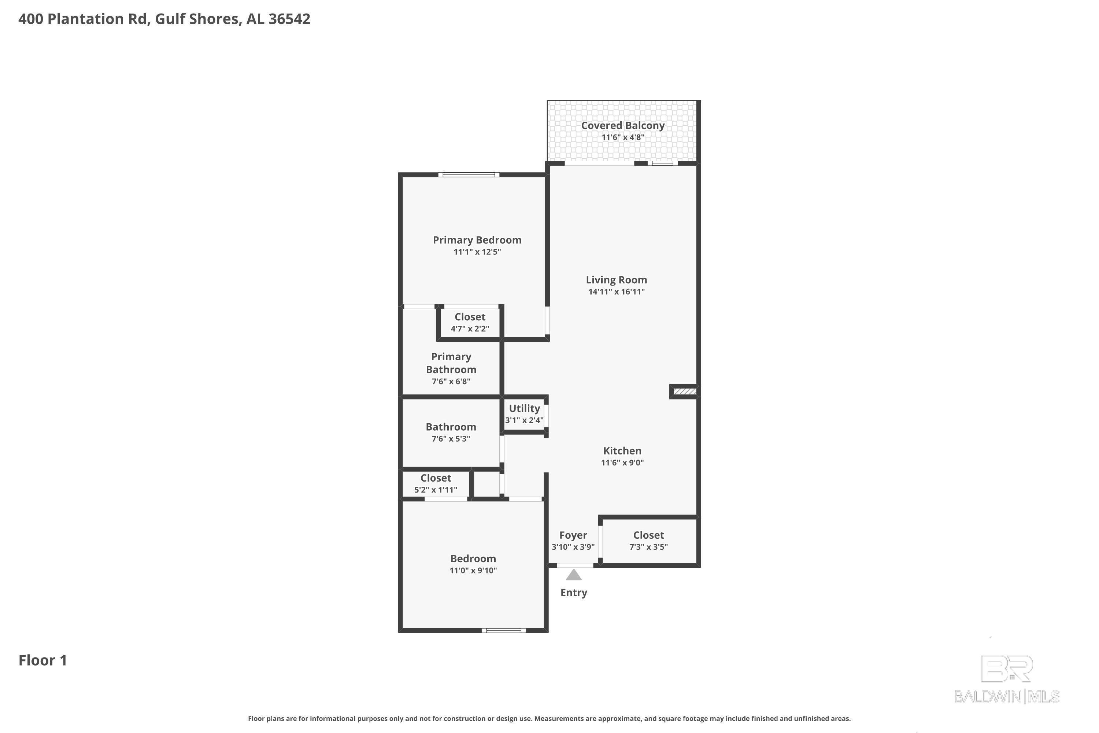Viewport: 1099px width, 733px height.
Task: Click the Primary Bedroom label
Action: (x=477, y=240)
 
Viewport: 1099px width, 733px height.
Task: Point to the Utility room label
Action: (x=524, y=408)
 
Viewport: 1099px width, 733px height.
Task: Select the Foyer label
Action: (x=573, y=535)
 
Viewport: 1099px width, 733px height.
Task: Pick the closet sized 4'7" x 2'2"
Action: (x=470, y=322)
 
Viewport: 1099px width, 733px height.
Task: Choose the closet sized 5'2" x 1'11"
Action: (x=436, y=483)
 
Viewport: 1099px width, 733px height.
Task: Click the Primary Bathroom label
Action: (x=451, y=363)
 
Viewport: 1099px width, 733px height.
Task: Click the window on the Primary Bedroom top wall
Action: (x=469, y=175)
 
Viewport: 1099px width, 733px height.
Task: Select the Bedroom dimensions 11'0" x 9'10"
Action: (x=473, y=570)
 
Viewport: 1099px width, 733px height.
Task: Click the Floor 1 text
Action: (x=42, y=660)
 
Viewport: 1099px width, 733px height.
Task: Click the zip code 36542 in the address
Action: (x=289, y=19)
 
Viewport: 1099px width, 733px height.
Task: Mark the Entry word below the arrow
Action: (x=573, y=593)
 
